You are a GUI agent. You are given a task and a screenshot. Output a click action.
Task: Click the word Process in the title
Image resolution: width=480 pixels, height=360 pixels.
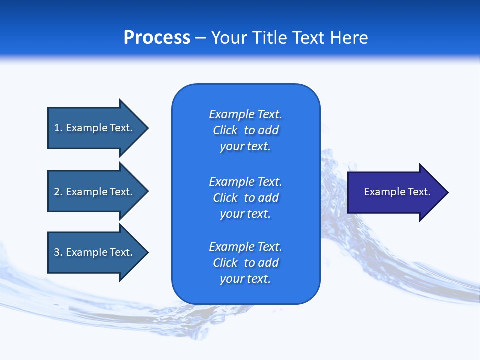tap(157, 38)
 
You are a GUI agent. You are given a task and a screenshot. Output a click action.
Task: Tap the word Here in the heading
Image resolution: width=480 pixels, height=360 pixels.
tap(349, 38)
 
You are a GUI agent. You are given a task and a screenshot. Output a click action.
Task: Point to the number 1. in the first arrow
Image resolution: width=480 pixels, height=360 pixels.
tap(58, 128)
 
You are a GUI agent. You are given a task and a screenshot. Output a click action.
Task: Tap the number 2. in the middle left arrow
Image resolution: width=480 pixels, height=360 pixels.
tap(58, 192)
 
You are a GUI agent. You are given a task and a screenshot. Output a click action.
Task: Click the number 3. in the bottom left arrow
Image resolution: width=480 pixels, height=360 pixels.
tap(58, 252)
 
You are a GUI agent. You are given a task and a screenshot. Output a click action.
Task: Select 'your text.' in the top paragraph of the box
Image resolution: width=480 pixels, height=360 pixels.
tap(245, 147)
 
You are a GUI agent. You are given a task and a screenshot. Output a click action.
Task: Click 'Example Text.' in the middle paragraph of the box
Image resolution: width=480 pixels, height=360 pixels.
tap(245, 182)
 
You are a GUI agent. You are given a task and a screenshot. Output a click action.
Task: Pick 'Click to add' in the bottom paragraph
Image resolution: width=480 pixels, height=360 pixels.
tap(245, 263)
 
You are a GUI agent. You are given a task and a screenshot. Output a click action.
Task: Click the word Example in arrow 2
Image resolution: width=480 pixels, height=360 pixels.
tap(86, 192)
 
